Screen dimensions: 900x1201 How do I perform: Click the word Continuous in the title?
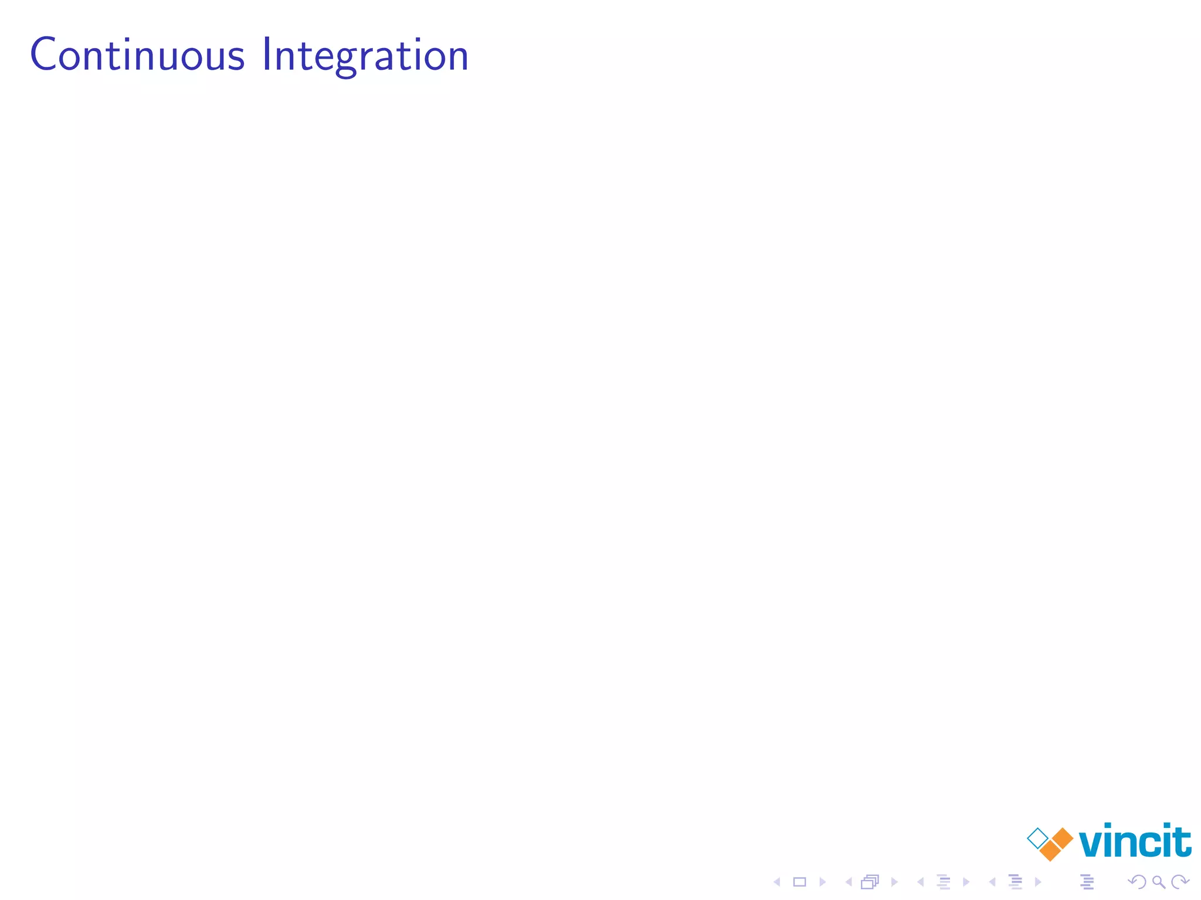pos(137,55)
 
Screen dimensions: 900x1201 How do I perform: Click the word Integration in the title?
pos(365,55)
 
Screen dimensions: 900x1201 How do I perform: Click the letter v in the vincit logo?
pos(1092,843)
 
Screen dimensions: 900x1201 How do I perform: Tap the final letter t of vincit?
pos(1182,840)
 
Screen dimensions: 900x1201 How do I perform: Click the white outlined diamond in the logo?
pos(1037,838)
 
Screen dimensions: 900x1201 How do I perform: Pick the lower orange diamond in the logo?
pos(1050,851)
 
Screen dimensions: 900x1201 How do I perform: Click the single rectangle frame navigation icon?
pos(799,882)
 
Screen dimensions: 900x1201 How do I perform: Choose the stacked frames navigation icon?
pos(870,882)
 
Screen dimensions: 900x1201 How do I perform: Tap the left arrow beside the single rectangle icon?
pos(776,882)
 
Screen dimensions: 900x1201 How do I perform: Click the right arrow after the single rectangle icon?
pos(823,882)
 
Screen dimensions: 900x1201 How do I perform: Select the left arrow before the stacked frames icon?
pos(848,882)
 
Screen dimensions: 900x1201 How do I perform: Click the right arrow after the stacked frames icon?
pos(894,882)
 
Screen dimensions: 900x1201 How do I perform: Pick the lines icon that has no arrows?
pos(1087,882)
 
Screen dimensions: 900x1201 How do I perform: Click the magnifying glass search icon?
pos(1159,882)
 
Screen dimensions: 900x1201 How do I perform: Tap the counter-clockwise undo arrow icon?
pos(1138,882)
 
